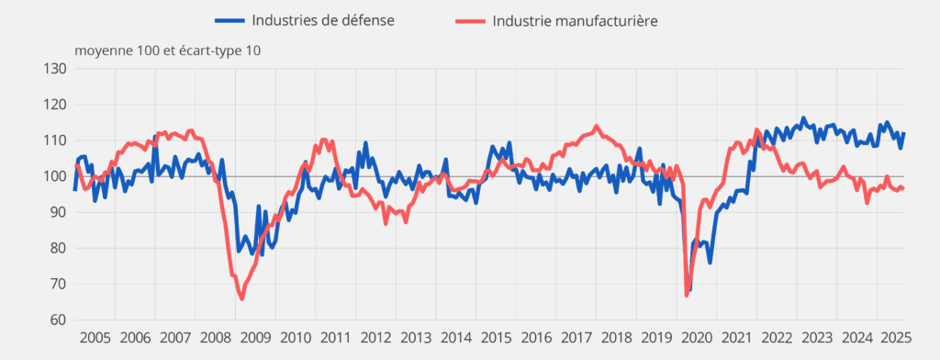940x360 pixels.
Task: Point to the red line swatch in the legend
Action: point(470,20)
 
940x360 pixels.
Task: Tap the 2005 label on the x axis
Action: point(96,337)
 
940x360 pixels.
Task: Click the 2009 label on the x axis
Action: point(256,337)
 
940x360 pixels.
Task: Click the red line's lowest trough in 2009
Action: point(241,298)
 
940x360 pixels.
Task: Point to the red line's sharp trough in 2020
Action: point(687,295)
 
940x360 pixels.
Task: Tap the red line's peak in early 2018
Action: point(597,127)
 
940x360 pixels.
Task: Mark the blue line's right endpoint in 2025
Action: point(903,134)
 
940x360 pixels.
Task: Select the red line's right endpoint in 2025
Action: point(903,188)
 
